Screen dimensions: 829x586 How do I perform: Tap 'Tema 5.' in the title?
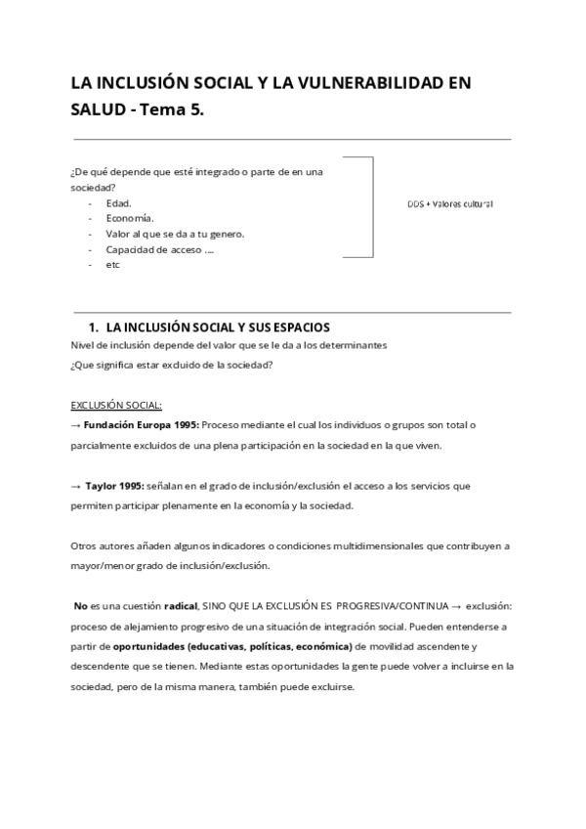click(172, 109)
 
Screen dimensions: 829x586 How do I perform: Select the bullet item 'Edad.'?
click(118, 202)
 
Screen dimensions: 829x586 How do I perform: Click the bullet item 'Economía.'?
click(129, 218)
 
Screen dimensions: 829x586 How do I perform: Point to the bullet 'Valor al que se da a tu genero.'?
click(175, 234)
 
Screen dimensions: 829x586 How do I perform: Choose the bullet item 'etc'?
click(112, 265)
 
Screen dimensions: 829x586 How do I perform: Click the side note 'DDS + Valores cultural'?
click(449, 203)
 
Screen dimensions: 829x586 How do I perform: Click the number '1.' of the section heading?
click(94, 328)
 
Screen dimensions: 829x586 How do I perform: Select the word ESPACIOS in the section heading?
click(300, 328)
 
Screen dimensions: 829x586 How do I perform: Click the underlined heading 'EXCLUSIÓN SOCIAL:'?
click(116, 405)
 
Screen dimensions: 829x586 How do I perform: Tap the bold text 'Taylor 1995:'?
click(115, 485)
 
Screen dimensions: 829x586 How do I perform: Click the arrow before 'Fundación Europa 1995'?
click(76, 425)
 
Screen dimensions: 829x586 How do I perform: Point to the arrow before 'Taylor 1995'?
click(76, 485)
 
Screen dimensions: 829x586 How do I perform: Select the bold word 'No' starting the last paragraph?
click(81, 607)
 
